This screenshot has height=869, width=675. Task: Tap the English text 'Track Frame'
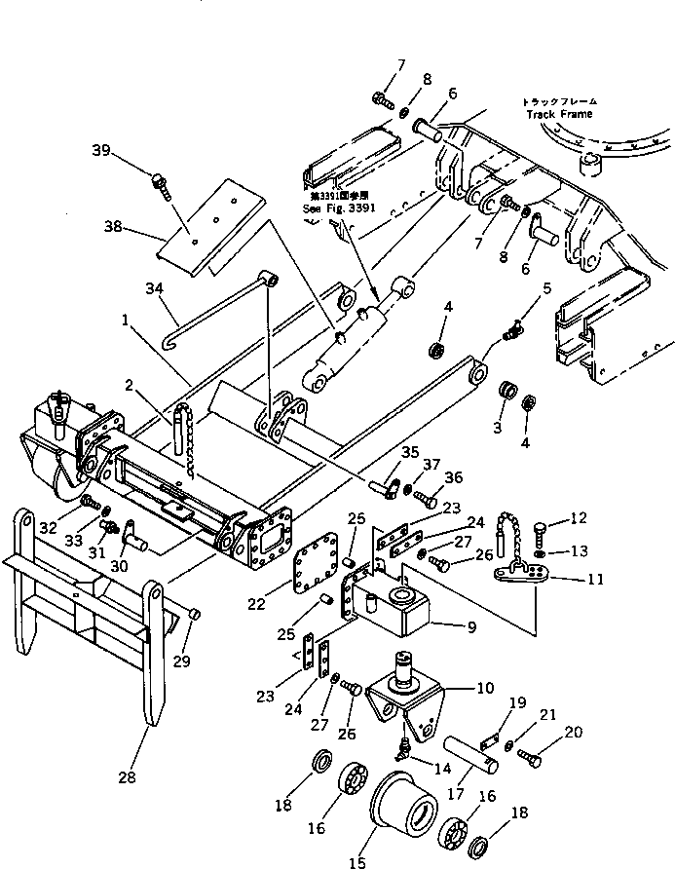click(x=560, y=114)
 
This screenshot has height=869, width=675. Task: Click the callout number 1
click(x=127, y=318)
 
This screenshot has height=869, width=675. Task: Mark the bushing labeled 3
click(x=507, y=394)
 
